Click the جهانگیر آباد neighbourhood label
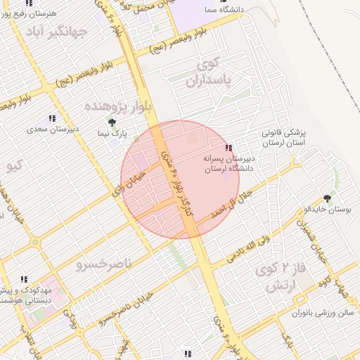tap(56, 32)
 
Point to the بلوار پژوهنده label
tap(115, 106)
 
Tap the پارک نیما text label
tap(111, 133)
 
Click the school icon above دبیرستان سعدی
tap(51, 119)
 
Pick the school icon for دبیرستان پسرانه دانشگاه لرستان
tap(228, 148)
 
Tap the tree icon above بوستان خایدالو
tap(326, 199)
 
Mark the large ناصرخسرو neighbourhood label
tap(98, 265)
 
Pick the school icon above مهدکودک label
tap(24, 279)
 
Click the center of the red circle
tap(180, 179)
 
